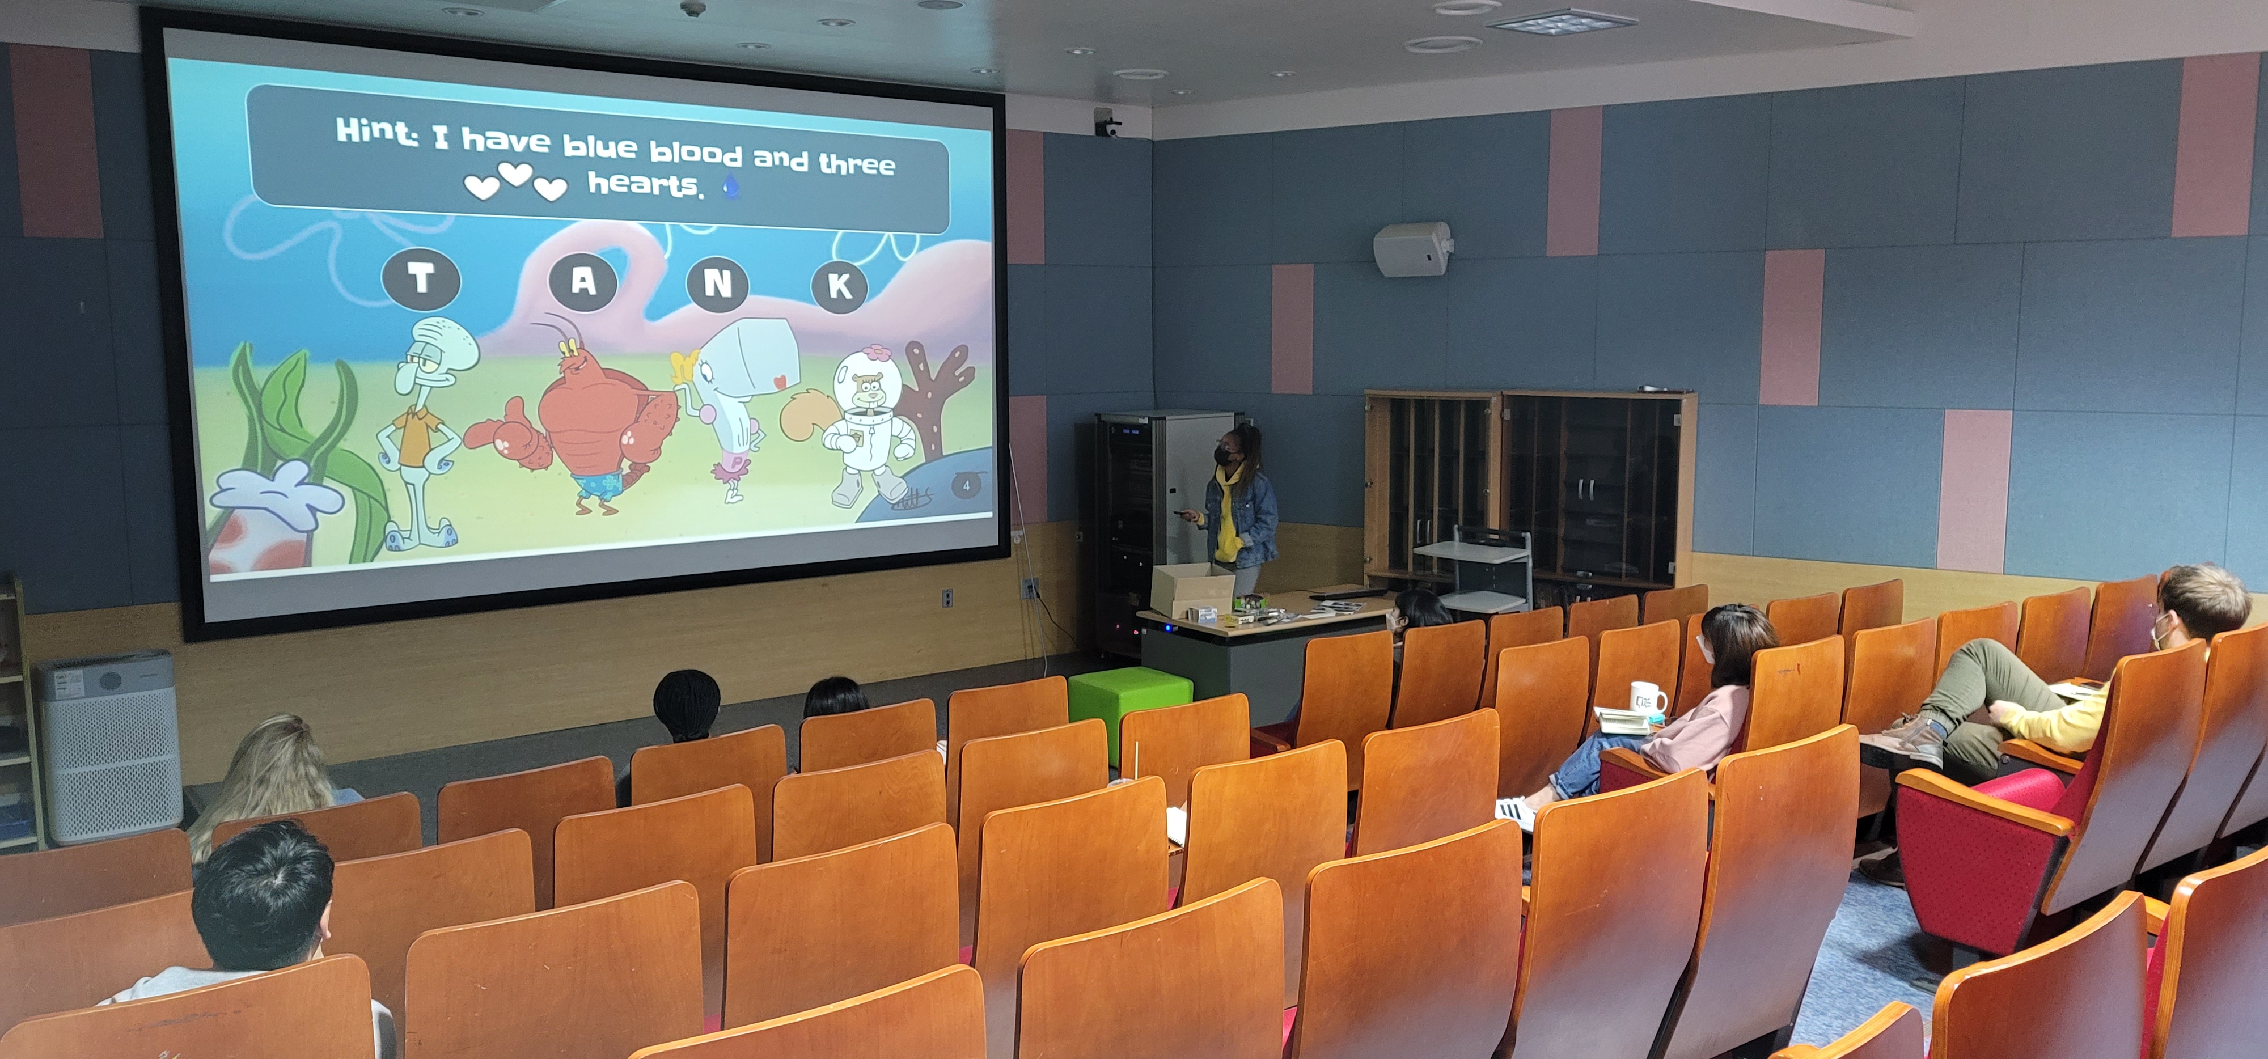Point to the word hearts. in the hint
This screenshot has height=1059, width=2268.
point(645,185)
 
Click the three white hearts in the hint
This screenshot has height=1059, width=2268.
point(515,180)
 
